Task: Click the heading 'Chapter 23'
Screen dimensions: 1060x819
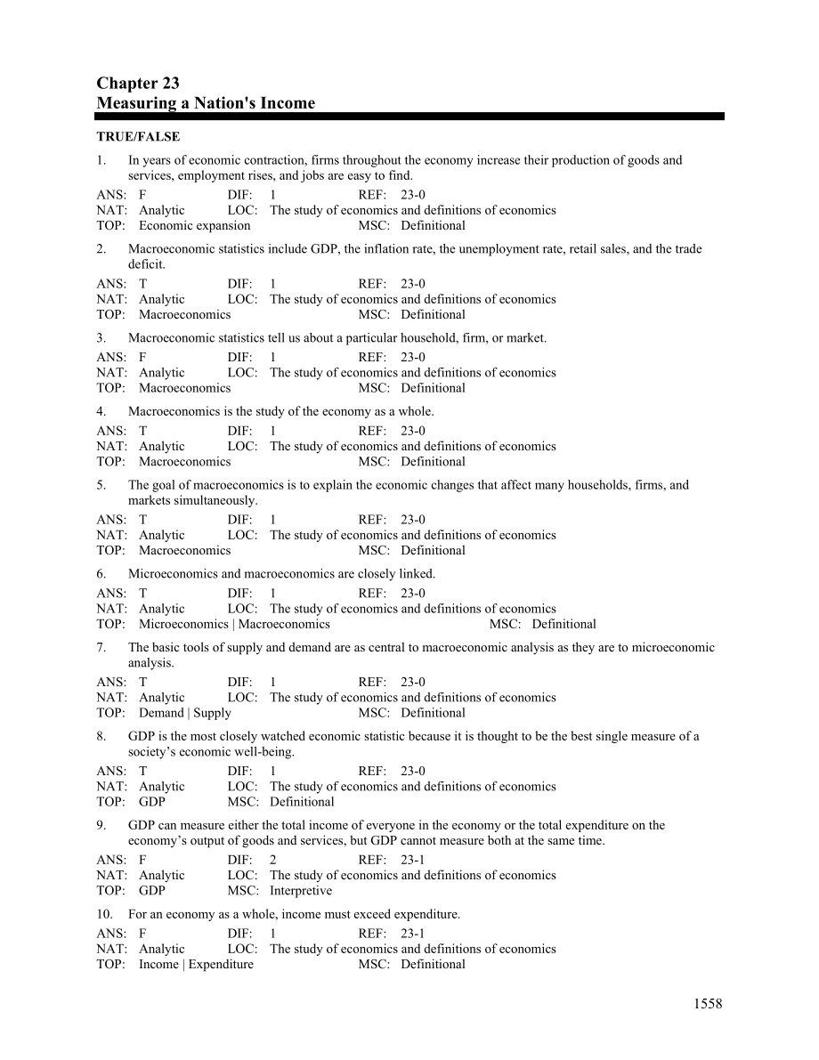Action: point(138,84)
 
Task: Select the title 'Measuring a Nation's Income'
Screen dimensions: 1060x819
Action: point(206,103)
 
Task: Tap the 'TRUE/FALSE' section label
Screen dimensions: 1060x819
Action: point(138,137)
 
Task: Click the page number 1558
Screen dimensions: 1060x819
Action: point(708,1004)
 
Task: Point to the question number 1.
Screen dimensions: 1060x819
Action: point(101,160)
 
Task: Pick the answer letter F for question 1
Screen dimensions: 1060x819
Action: point(142,195)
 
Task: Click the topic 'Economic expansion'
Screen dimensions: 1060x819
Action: point(195,225)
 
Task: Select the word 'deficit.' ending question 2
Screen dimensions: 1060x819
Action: point(147,264)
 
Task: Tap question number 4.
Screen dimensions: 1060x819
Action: point(101,411)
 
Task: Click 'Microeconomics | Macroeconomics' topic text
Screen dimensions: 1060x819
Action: point(234,624)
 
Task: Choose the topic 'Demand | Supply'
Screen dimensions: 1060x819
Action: point(185,712)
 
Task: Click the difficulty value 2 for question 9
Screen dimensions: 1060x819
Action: point(273,860)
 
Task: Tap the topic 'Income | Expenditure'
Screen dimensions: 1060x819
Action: point(196,964)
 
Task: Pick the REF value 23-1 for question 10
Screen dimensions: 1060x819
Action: point(413,934)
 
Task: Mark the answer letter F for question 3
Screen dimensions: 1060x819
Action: point(142,358)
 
